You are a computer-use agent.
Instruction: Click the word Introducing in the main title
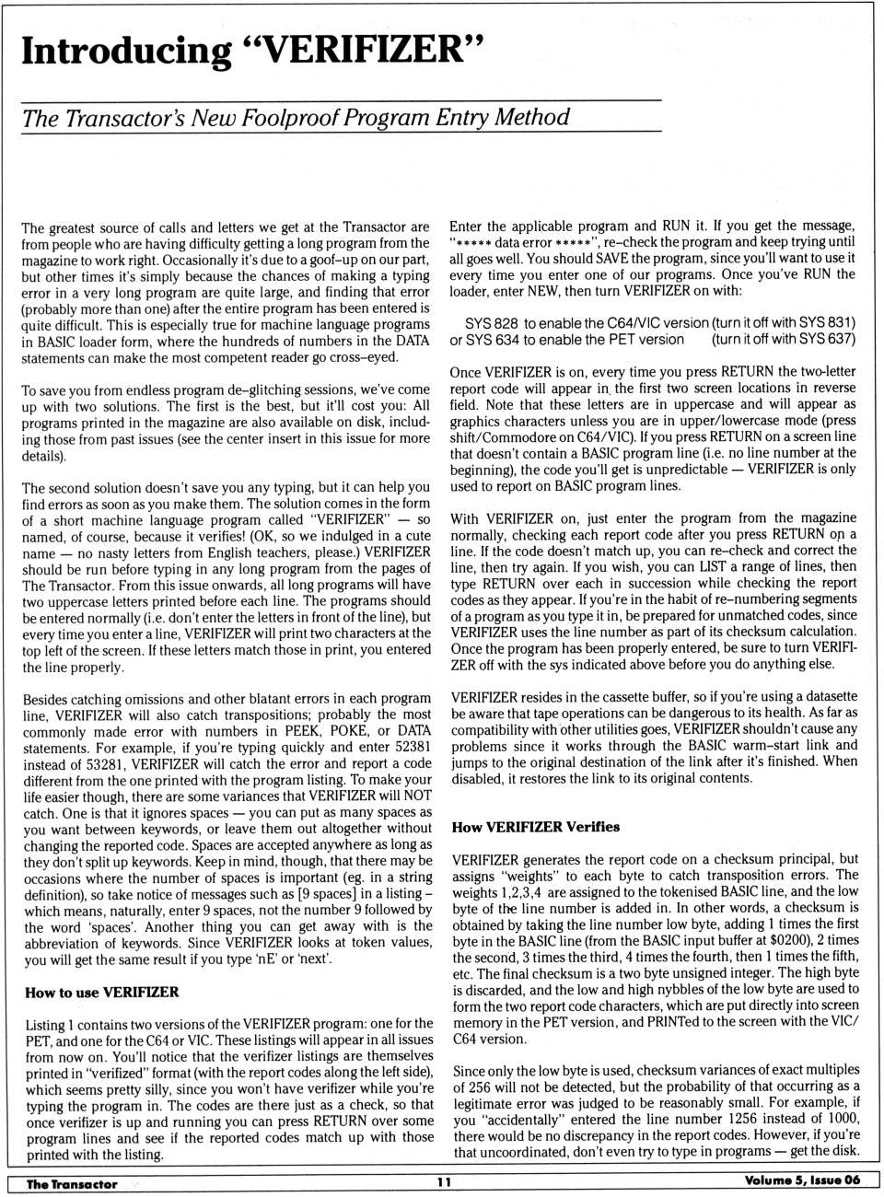(126, 52)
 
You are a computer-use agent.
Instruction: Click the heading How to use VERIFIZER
(102, 993)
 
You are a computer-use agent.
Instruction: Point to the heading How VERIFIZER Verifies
(535, 827)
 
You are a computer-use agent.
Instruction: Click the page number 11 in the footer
(443, 1183)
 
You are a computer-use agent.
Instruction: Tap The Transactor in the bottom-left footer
(72, 1184)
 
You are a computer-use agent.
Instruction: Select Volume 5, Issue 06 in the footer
(802, 1181)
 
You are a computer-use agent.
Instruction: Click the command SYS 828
(492, 323)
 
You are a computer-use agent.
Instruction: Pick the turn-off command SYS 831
(828, 323)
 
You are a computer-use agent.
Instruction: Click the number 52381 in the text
(411, 748)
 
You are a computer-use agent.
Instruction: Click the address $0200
(788, 940)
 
